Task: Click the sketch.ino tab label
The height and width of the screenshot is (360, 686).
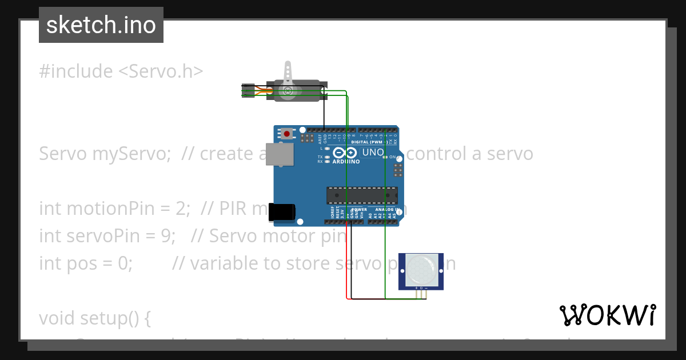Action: (101, 25)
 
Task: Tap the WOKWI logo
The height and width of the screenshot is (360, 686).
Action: (608, 315)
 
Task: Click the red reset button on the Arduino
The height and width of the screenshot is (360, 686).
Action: (286, 134)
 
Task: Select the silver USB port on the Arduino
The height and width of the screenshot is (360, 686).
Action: (280, 154)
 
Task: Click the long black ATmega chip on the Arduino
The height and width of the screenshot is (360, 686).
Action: (362, 195)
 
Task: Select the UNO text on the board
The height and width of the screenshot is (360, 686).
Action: (373, 153)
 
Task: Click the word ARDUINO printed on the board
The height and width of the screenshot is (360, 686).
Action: (346, 162)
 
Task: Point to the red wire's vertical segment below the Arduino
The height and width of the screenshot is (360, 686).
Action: (346, 263)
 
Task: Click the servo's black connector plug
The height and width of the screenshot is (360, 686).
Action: (248, 90)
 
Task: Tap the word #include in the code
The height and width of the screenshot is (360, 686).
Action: (76, 71)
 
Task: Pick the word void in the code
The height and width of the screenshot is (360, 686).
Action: (57, 318)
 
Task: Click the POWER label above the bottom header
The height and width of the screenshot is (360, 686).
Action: (359, 210)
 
